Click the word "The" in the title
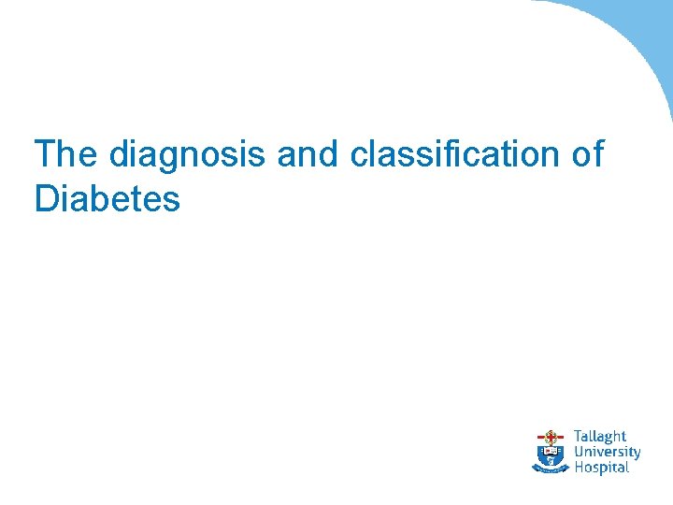tap(66, 154)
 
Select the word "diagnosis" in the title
tap(188, 155)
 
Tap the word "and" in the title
tap(308, 154)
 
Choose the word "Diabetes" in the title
tap(107, 199)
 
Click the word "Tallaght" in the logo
tap(599, 437)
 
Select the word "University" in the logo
tap(607, 452)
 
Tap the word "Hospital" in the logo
tap(601, 467)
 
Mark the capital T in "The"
tap(44, 154)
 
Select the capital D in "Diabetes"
tap(45, 199)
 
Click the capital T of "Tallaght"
tap(577, 437)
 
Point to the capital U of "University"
tap(579, 452)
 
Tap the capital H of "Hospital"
tap(579, 467)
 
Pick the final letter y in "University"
tap(637, 454)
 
